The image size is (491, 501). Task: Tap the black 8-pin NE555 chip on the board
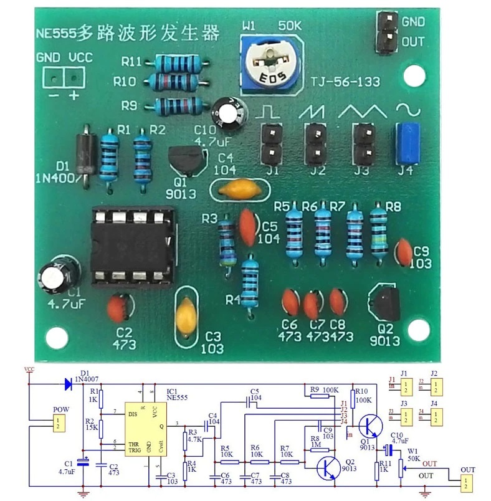pos(132,246)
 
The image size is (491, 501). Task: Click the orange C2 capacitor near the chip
pos(117,307)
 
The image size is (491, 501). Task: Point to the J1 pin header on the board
pos(270,143)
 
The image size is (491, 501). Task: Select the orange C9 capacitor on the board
pos(403,251)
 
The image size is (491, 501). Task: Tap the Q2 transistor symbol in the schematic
pos(328,467)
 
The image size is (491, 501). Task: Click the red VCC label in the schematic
pos(29,369)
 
